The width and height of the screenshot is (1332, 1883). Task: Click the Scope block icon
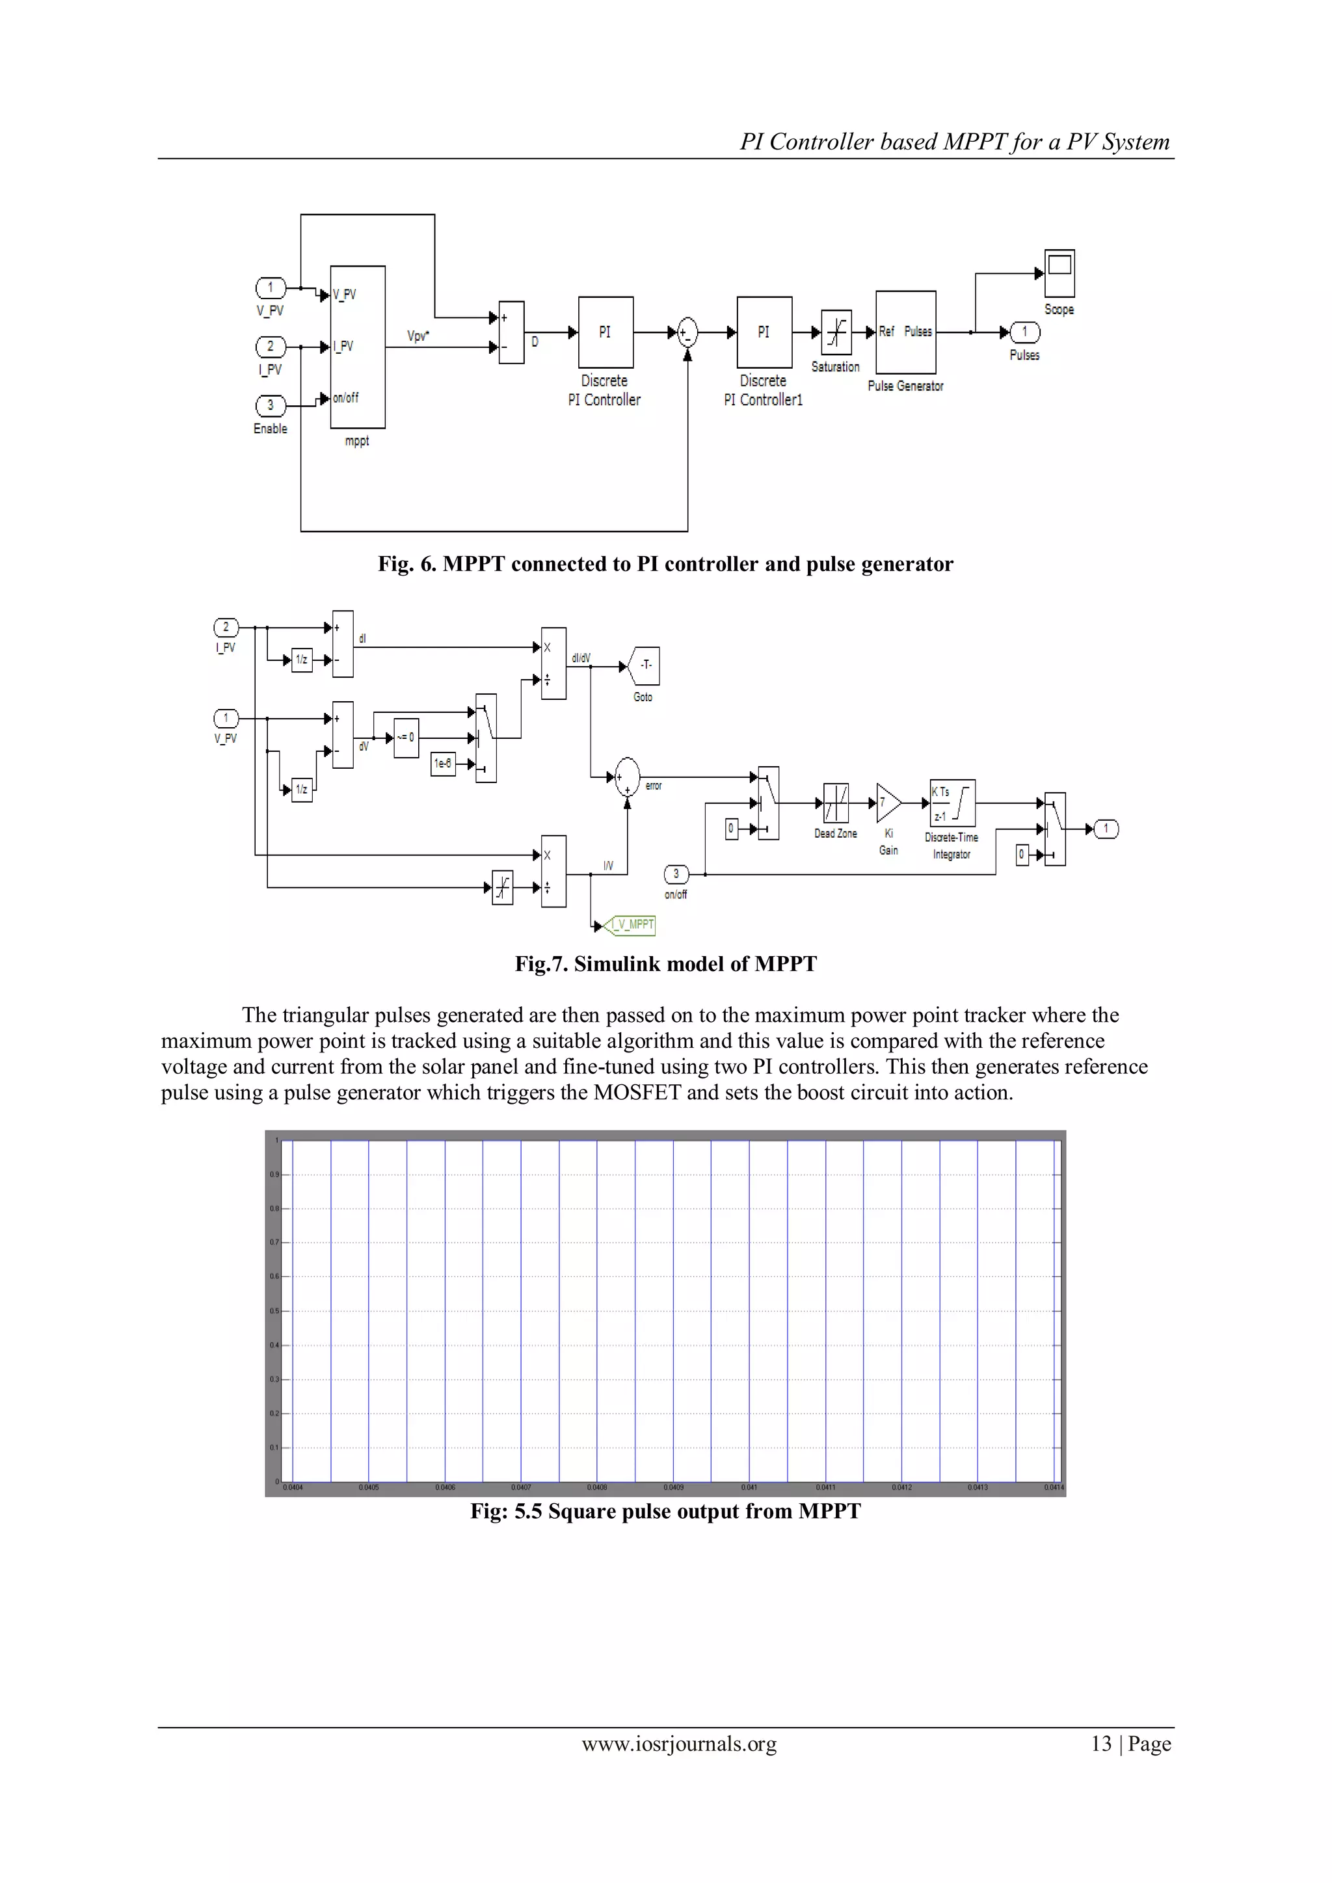click(1059, 273)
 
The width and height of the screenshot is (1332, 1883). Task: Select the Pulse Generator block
click(905, 332)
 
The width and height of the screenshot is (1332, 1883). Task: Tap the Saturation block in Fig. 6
click(836, 332)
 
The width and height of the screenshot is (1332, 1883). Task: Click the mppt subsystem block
click(358, 346)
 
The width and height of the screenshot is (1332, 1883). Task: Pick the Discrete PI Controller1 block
click(764, 332)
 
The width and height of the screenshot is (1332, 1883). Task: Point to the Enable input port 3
click(270, 405)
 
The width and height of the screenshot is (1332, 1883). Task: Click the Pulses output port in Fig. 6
click(1024, 332)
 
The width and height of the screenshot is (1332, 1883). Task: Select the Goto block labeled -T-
click(645, 665)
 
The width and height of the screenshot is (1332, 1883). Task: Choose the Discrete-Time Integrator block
click(952, 803)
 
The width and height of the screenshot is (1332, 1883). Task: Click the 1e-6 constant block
click(443, 764)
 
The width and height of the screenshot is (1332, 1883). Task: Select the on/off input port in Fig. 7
click(676, 874)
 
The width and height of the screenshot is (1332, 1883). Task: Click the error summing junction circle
click(628, 777)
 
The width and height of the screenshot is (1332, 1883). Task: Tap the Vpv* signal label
click(418, 336)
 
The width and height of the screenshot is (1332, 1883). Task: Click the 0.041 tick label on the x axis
click(749, 1487)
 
